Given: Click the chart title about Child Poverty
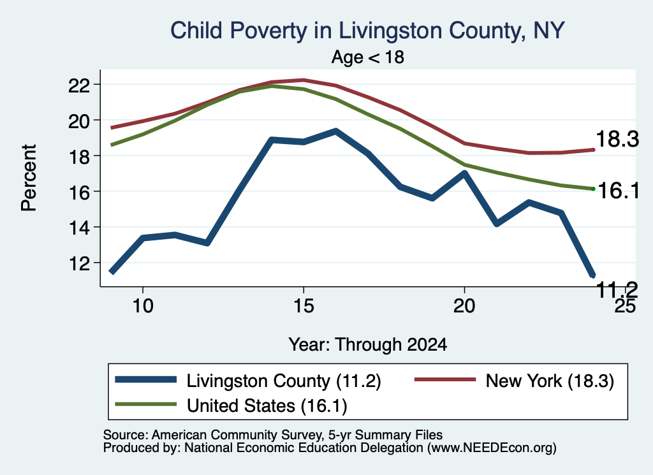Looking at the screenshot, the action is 367,31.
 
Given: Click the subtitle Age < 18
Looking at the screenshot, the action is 368,57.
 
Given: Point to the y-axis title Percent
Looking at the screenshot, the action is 29,178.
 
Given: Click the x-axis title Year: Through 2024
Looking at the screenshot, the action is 368,345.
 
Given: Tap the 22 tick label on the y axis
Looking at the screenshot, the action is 79,85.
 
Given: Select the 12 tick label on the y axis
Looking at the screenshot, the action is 79,263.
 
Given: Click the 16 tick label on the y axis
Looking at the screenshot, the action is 79,193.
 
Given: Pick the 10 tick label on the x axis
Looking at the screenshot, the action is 143,306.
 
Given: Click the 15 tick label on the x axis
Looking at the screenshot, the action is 304,306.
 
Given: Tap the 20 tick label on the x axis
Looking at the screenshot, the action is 464,306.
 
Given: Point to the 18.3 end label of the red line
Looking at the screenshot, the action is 617,138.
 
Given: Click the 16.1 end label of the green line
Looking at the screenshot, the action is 619,191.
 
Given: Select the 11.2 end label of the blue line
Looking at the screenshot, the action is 617,289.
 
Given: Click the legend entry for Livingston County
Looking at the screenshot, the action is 248,381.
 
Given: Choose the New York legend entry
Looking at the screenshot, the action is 515,381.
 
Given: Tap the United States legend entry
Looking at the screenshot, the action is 231,406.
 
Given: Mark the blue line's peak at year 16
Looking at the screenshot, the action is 335,131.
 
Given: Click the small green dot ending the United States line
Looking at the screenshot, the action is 593,189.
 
